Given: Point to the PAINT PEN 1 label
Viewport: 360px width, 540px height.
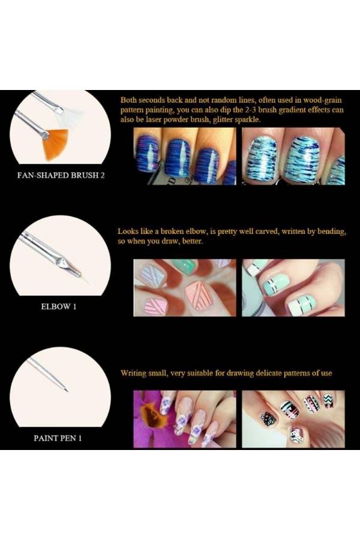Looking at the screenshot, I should click(57, 437).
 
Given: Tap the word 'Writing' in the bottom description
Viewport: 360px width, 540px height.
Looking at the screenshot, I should click(135, 373).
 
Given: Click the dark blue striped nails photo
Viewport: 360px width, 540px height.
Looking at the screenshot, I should click(184, 157).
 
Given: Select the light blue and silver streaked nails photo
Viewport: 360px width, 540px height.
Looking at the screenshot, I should click(293, 157).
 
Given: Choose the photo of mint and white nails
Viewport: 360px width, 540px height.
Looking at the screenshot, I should click(293, 287).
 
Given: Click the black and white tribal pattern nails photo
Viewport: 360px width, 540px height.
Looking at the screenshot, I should click(293, 418).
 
